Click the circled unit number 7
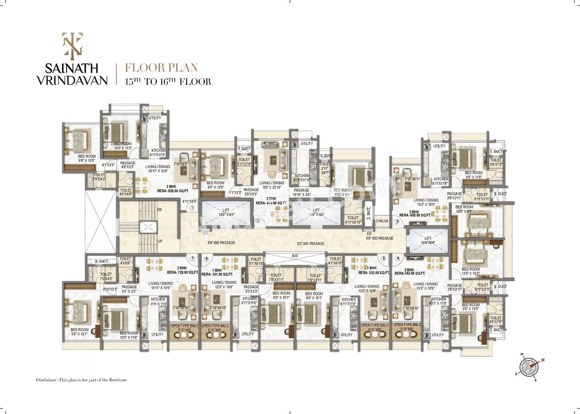(x=193, y=259)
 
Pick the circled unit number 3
(x=397, y=221)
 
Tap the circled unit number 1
(x=192, y=208)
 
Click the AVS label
(x=295, y=256)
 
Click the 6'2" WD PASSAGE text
(x=311, y=244)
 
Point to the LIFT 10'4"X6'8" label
(x=427, y=241)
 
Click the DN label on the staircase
(x=160, y=210)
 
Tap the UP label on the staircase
(x=160, y=241)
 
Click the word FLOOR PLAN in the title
(x=161, y=68)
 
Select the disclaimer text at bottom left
(x=82, y=380)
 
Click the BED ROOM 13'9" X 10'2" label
(x=471, y=272)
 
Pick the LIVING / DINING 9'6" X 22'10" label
(x=272, y=186)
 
